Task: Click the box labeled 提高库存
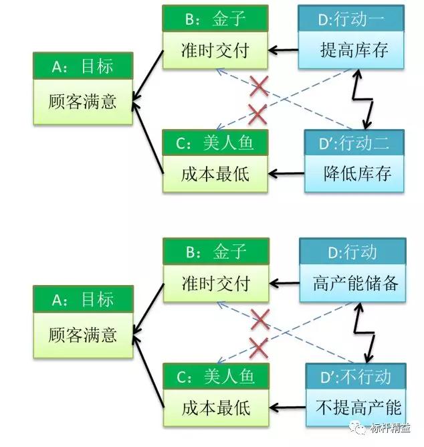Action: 351,50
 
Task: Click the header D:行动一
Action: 351,19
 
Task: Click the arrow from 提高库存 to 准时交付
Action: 283,50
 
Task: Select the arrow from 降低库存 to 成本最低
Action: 286,174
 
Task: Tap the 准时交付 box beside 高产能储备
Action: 216,284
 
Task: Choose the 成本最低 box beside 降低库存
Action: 215,174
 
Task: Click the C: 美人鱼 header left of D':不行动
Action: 216,375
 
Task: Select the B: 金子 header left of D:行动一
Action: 215,19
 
